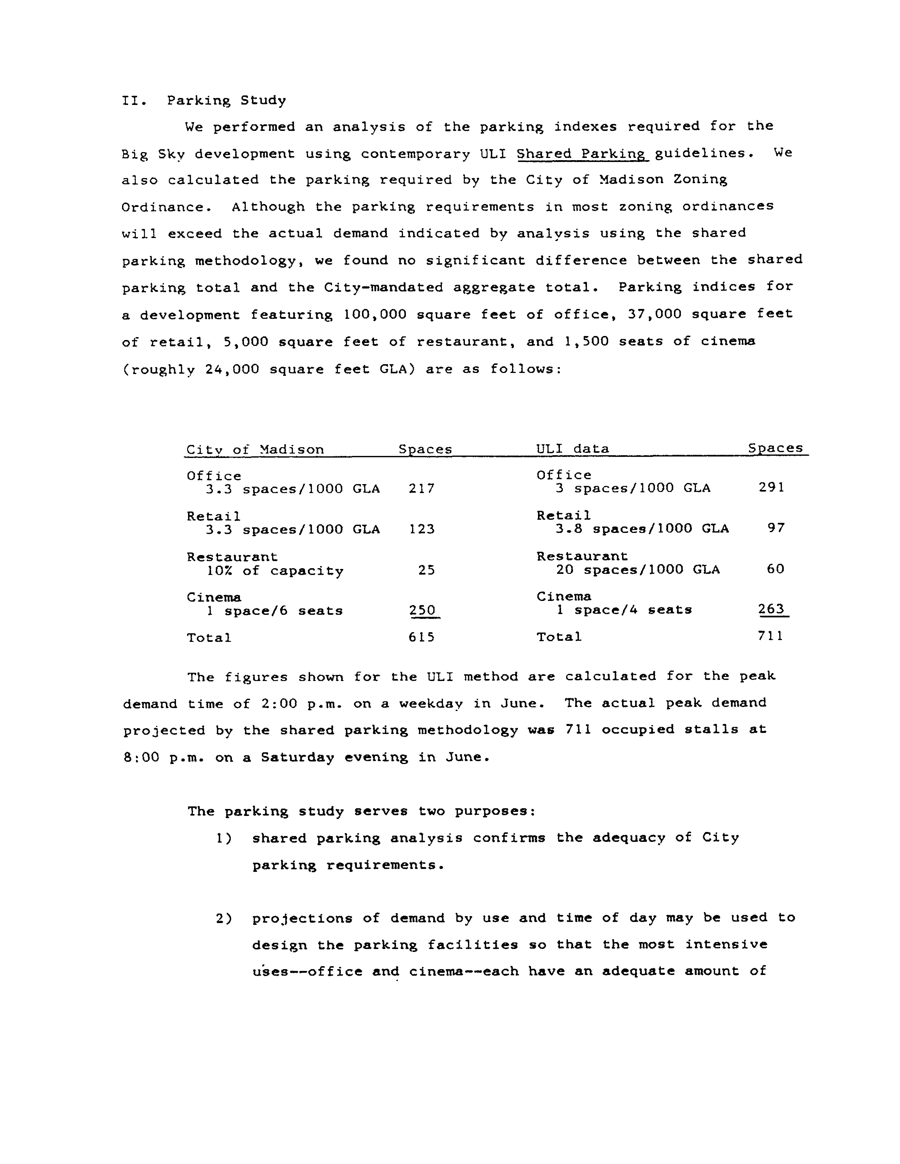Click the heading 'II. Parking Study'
204,100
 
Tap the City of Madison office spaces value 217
421,488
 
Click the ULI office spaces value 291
771,487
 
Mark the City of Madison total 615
421,637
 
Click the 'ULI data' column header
572,448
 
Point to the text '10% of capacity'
275,571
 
